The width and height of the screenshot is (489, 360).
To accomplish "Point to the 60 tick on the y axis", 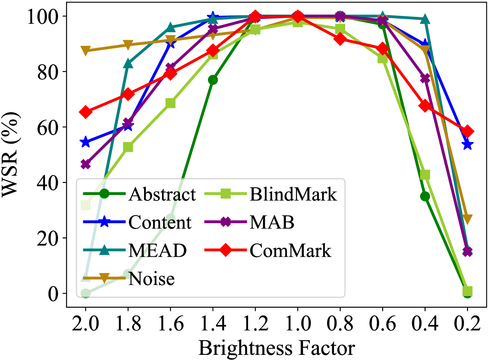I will pos(48,127).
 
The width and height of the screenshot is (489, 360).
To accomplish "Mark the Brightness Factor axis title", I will pos(276,348).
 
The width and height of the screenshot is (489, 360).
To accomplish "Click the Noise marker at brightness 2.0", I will pos(86,51).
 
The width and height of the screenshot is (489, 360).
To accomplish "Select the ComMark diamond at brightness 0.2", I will pos(468,131).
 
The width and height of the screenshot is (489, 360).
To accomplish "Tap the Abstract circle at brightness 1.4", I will pos(213,80).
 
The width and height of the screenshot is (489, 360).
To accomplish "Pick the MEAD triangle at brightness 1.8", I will pos(128,63).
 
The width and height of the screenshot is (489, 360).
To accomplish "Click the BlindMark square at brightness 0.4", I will pos(425,175).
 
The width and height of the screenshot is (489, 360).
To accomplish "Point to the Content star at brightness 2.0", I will pos(86,142).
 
